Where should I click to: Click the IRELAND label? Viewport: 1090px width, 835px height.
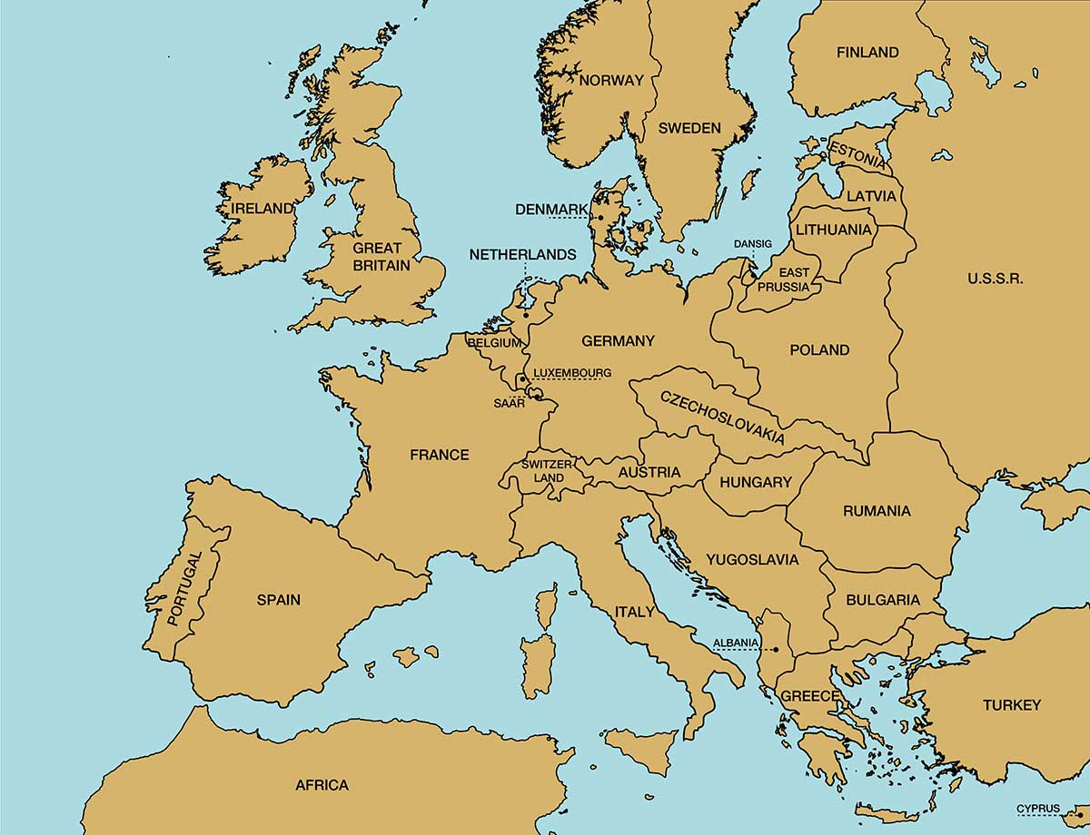pyautogui.click(x=263, y=208)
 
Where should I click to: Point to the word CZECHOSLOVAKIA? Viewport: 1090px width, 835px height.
pyautogui.click(x=722, y=417)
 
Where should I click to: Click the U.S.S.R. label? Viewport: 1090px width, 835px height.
pyautogui.click(x=995, y=279)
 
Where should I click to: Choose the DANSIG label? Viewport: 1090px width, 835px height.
pyautogui.click(x=753, y=244)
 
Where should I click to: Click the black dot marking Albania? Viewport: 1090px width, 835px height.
pyautogui.click(x=776, y=650)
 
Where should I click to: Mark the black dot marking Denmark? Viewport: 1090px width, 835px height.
pyautogui.click(x=600, y=217)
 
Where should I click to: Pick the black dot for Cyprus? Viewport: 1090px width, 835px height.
pyautogui.click(x=1068, y=814)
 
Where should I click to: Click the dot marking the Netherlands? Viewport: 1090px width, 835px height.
pyautogui.click(x=525, y=315)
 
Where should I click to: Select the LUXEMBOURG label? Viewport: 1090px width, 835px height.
pyautogui.click(x=571, y=373)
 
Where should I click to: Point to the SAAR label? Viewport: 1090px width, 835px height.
pyautogui.click(x=510, y=404)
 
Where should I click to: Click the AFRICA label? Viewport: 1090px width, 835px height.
pyautogui.click(x=322, y=785)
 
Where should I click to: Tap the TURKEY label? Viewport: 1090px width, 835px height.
pyautogui.click(x=1011, y=705)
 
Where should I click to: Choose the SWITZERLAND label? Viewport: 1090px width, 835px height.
pyautogui.click(x=549, y=471)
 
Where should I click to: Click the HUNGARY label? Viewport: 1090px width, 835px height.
pyautogui.click(x=756, y=482)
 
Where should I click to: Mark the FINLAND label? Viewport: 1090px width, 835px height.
pyautogui.click(x=867, y=53)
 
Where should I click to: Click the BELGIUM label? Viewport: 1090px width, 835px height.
pyautogui.click(x=494, y=343)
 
